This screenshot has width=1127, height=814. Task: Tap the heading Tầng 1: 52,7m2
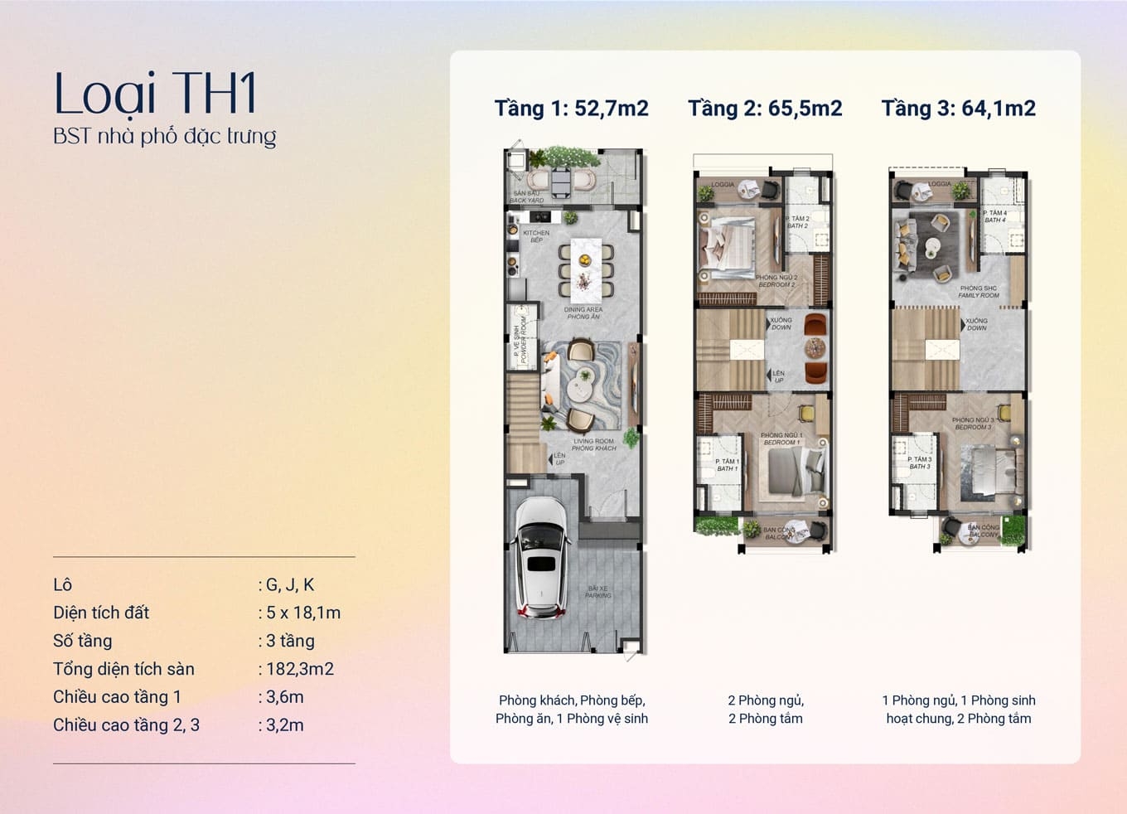click(571, 109)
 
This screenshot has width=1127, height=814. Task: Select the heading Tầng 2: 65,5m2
click(765, 109)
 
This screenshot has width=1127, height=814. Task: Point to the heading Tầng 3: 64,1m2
click(958, 109)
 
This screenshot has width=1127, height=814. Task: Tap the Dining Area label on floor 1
click(583, 313)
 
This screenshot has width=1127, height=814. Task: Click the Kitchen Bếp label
click(536, 236)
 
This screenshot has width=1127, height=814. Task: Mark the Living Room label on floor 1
click(593, 445)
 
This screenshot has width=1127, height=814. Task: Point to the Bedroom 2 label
click(776, 281)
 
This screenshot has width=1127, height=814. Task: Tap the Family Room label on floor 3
click(979, 292)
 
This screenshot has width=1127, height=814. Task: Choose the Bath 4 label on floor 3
click(995, 216)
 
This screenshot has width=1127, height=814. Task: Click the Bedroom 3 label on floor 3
click(973, 424)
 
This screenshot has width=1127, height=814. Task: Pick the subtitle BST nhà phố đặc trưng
click(164, 136)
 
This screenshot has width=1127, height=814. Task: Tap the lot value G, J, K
click(289, 584)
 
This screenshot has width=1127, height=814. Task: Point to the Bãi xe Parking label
click(597, 592)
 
